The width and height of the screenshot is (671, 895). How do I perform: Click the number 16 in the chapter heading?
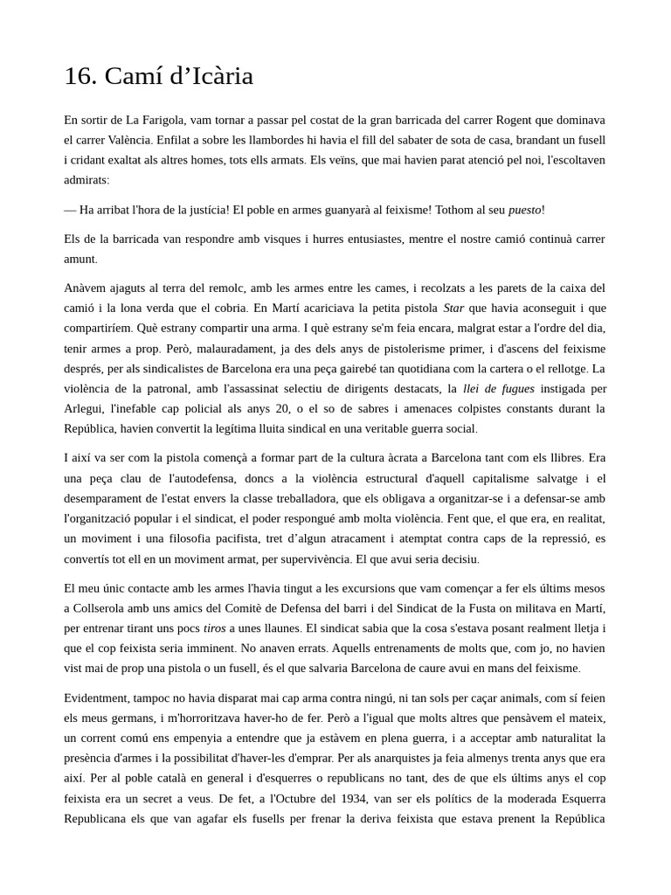click(x=80, y=77)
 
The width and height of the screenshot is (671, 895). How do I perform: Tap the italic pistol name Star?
click(x=453, y=309)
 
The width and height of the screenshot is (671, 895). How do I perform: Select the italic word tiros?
click(x=214, y=628)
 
